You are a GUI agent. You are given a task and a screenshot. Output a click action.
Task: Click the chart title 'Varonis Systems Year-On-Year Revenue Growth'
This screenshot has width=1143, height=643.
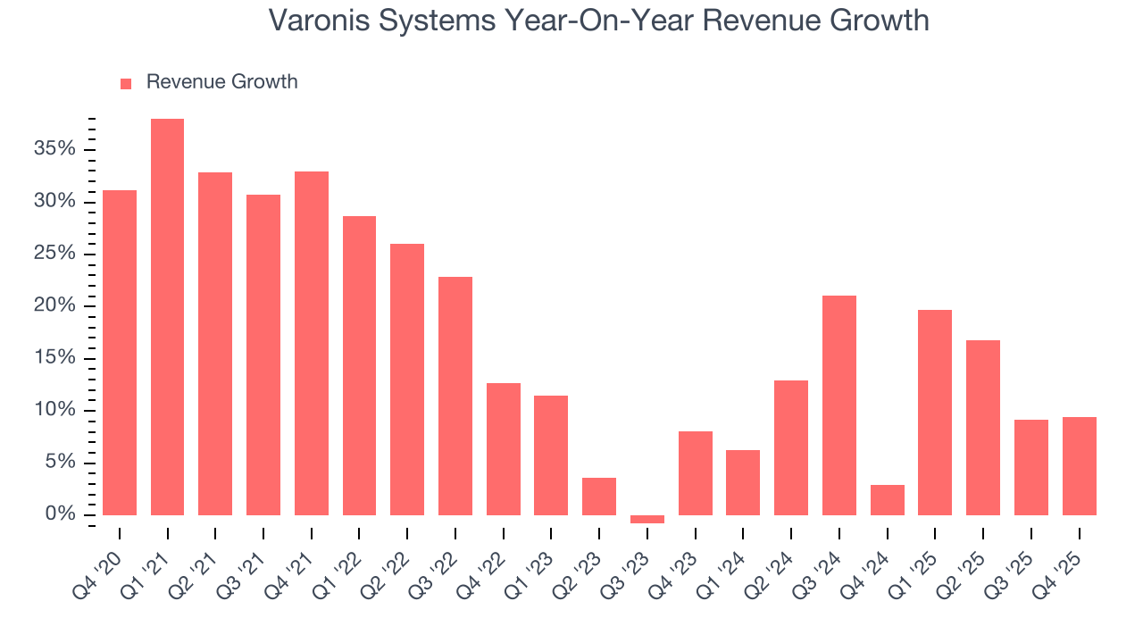pos(598,21)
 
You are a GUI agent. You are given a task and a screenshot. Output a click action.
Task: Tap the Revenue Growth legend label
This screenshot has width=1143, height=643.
pos(221,82)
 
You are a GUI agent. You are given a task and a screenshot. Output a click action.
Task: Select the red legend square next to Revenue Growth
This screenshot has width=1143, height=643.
pos(126,83)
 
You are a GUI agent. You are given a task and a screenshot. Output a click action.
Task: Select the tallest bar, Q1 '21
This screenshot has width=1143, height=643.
pos(167,317)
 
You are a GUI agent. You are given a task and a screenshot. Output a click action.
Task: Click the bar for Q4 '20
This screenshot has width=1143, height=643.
pos(120,353)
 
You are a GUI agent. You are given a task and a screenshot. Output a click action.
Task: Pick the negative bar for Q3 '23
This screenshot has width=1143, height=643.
pos(647,519)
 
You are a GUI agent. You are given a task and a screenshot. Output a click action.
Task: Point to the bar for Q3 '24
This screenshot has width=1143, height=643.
pos(839,405)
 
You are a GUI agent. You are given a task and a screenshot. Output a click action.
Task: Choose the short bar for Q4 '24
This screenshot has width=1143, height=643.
pos(887,500)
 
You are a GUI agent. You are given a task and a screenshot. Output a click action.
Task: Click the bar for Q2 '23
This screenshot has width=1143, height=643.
pos(599,497)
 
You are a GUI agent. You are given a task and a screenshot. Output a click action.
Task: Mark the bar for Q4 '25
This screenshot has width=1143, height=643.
pos(1079,466)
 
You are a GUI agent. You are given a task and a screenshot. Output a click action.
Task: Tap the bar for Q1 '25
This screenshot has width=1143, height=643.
pos(935,413)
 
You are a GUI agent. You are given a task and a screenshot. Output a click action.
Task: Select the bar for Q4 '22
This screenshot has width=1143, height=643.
pos(503,449)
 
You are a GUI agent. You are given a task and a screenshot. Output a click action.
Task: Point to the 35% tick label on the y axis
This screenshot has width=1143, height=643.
pos(54,149)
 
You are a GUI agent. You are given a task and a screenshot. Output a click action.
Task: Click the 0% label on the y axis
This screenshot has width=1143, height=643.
pos(60,515)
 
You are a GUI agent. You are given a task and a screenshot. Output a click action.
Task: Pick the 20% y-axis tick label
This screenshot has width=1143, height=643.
pos(54,306)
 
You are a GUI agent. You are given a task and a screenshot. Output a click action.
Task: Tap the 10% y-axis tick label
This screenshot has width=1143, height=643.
pos(54,411)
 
